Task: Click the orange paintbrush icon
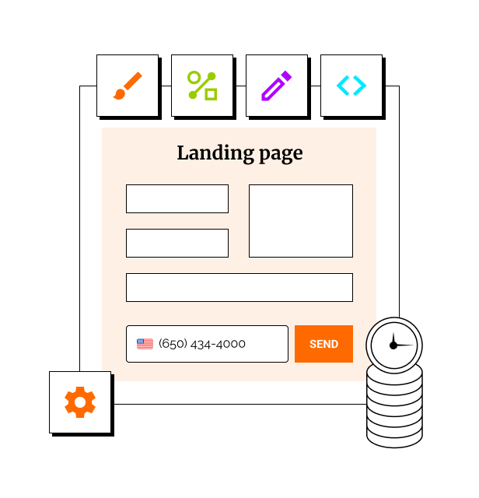(128, 86)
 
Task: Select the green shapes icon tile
(202, 86)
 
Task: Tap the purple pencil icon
(276, 86)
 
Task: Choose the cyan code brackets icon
(351, 86)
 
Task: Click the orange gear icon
(80, 402)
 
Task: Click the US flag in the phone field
(145, 344)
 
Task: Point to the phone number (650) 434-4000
(202, 344)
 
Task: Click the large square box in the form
(301, 221)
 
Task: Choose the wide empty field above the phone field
(239, 287)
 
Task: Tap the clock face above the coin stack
(393, 344)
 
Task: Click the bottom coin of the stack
(394, 435)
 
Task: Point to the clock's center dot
(393, 345)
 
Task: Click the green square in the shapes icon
(211, 94)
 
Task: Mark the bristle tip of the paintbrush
(119, 95)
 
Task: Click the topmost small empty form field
(177, 198)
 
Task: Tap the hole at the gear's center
(80, 402)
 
